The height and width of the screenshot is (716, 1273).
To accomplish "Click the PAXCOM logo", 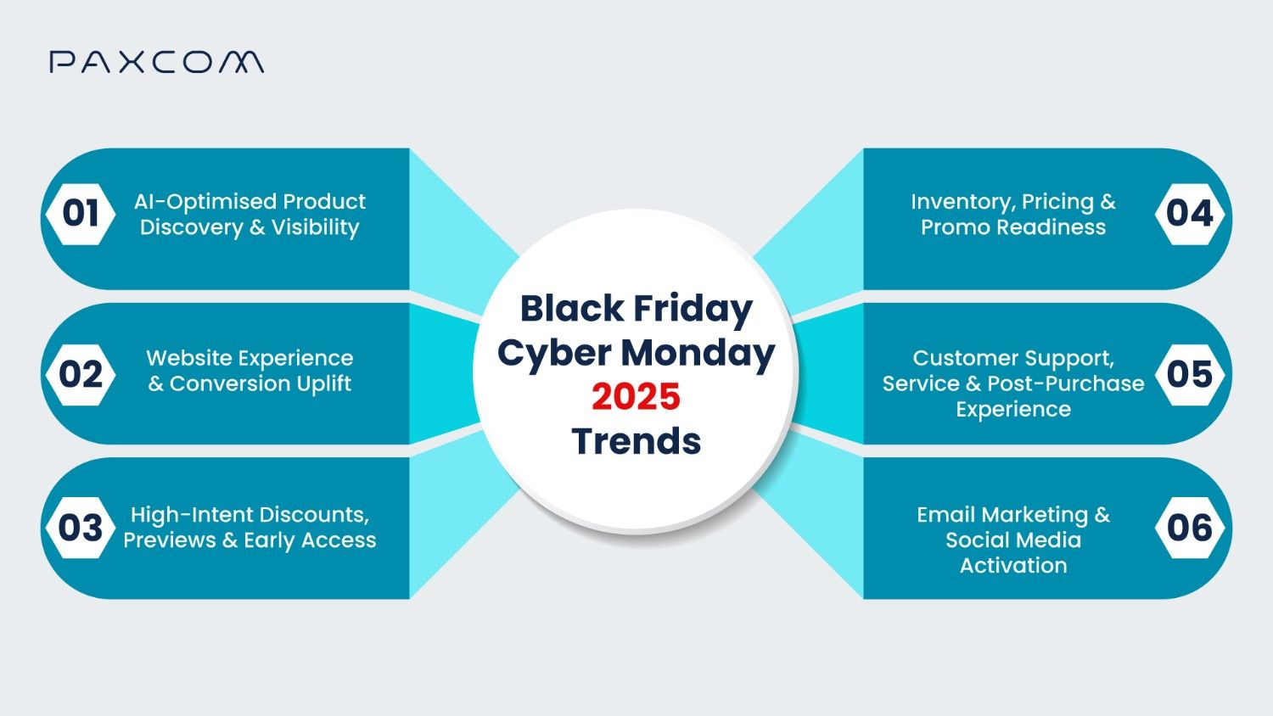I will [x=156, y=62].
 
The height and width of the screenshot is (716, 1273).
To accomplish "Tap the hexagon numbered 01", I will [x=81, y=214].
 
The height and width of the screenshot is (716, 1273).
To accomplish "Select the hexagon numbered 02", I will [x=81, y=374].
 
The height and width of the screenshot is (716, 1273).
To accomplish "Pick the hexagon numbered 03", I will [x=81, y=528].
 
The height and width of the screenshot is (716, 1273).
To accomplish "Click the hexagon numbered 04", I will [x=1190, y=214].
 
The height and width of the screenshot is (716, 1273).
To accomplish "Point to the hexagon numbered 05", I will [x=1190, y=374].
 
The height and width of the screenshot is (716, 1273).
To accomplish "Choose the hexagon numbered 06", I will [x=1190, y=528].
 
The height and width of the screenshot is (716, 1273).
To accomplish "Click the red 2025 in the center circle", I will [x=636, y=397].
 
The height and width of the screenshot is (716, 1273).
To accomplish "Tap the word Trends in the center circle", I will [x=636, y=441].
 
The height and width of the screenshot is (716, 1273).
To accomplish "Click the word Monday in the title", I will [x=698, y=353].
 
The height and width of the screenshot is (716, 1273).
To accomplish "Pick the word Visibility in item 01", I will [x=315, y=227].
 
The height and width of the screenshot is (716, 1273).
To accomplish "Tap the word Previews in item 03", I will [x=170, y=540].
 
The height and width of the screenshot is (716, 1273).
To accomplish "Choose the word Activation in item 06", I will [x=1013, y=566].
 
